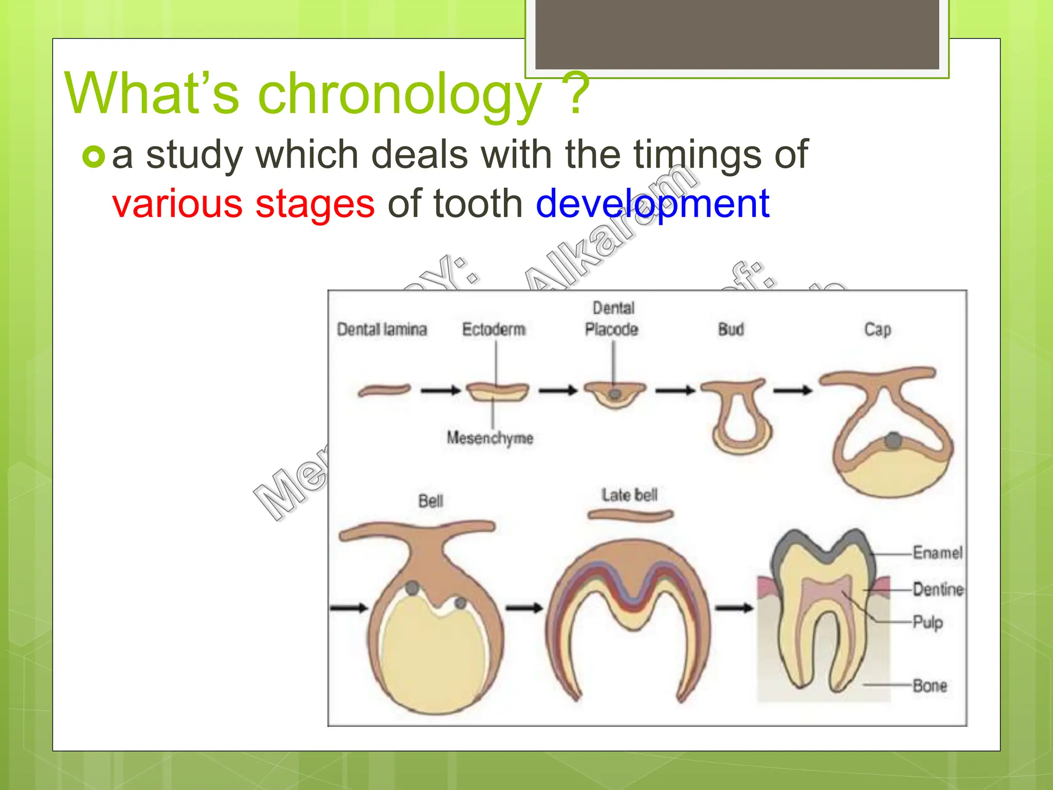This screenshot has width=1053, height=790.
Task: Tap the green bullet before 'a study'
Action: (94, 156)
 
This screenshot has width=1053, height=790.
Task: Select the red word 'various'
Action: (177, 204)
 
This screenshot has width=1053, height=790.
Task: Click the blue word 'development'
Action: (652, 204)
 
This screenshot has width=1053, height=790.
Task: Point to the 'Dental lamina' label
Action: (382, 329)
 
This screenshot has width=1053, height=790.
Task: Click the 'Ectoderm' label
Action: (494, 329)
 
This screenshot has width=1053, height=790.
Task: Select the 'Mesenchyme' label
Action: (489, 438)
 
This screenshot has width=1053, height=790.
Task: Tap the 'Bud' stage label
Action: (731, 329)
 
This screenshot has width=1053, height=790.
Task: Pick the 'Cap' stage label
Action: (877, 329)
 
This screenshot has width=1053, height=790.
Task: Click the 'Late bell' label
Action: (629, 495)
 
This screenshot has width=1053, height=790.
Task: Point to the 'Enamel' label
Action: (937, 553)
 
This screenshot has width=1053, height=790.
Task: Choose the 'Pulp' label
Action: (928, 622)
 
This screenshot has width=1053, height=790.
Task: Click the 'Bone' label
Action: (930, 686)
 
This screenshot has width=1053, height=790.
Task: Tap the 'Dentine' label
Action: (938, 589)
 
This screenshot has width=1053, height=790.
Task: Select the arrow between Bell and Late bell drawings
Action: (524, 608)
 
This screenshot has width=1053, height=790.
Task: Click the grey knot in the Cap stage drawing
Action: (894, 440)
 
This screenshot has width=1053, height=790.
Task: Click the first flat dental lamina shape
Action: (384, 390)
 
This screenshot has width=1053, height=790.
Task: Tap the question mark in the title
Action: (576, 95)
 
